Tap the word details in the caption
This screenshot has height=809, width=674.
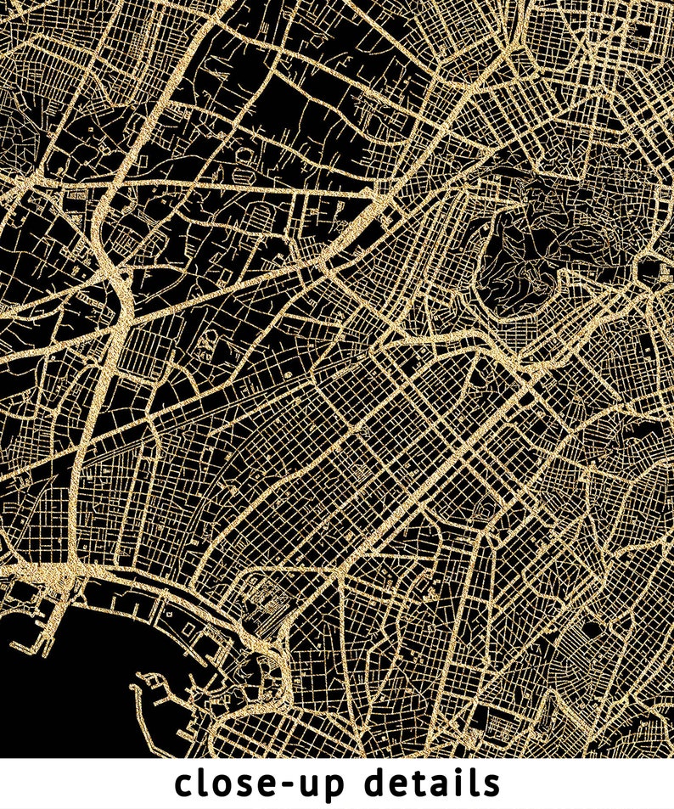point(432,784)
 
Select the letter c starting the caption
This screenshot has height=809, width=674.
point(184,786)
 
